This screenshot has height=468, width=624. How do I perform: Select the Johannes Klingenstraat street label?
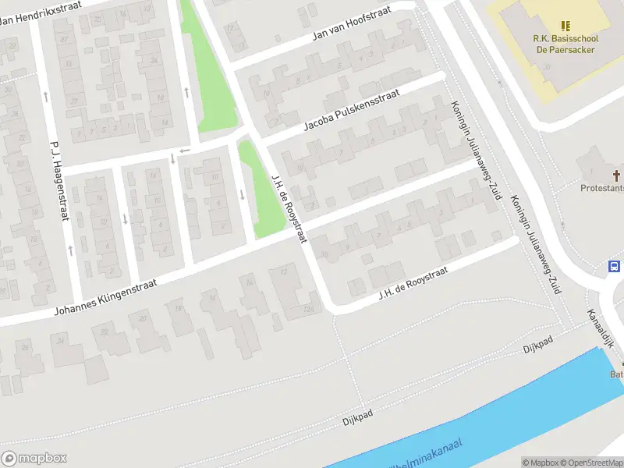105,298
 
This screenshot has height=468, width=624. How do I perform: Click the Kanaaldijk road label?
602,325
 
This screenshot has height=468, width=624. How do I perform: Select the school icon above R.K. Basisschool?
565,26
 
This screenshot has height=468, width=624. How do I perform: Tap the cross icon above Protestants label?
616,175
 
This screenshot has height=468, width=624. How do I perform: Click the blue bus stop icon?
615,267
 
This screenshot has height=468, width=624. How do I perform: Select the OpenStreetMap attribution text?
591,463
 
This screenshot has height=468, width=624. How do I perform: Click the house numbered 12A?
310,309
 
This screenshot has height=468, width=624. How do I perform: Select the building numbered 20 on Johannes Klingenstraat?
141,319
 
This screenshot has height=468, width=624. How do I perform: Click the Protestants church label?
602,188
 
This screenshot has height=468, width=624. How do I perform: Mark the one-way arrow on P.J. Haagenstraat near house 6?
71,250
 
